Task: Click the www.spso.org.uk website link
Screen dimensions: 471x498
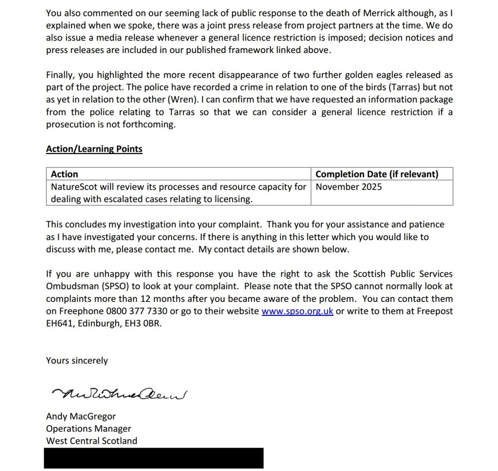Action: [x=297, y=312]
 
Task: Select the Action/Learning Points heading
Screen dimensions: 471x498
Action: [x=94, y=149]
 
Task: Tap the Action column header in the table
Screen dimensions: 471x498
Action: [x=64, y=174]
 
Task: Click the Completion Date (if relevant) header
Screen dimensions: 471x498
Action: [x=377, y=174]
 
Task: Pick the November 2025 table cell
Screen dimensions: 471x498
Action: [x=349, y=187]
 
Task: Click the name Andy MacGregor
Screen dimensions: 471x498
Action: [x=81, y=417]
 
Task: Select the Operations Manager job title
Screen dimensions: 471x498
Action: [x=89, y=429]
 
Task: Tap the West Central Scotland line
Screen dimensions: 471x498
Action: [x=91, y=441]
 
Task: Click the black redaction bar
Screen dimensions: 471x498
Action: [x=154, y=458]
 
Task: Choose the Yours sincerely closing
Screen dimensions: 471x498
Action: [x=77, y=361]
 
